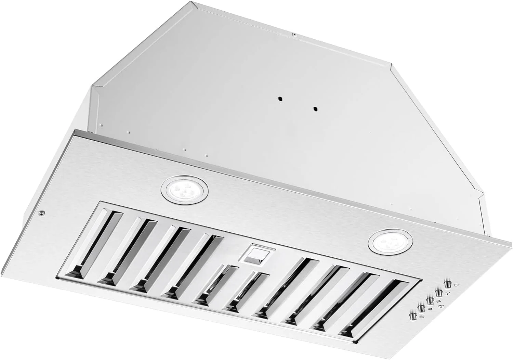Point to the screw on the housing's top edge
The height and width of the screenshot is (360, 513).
293,34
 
